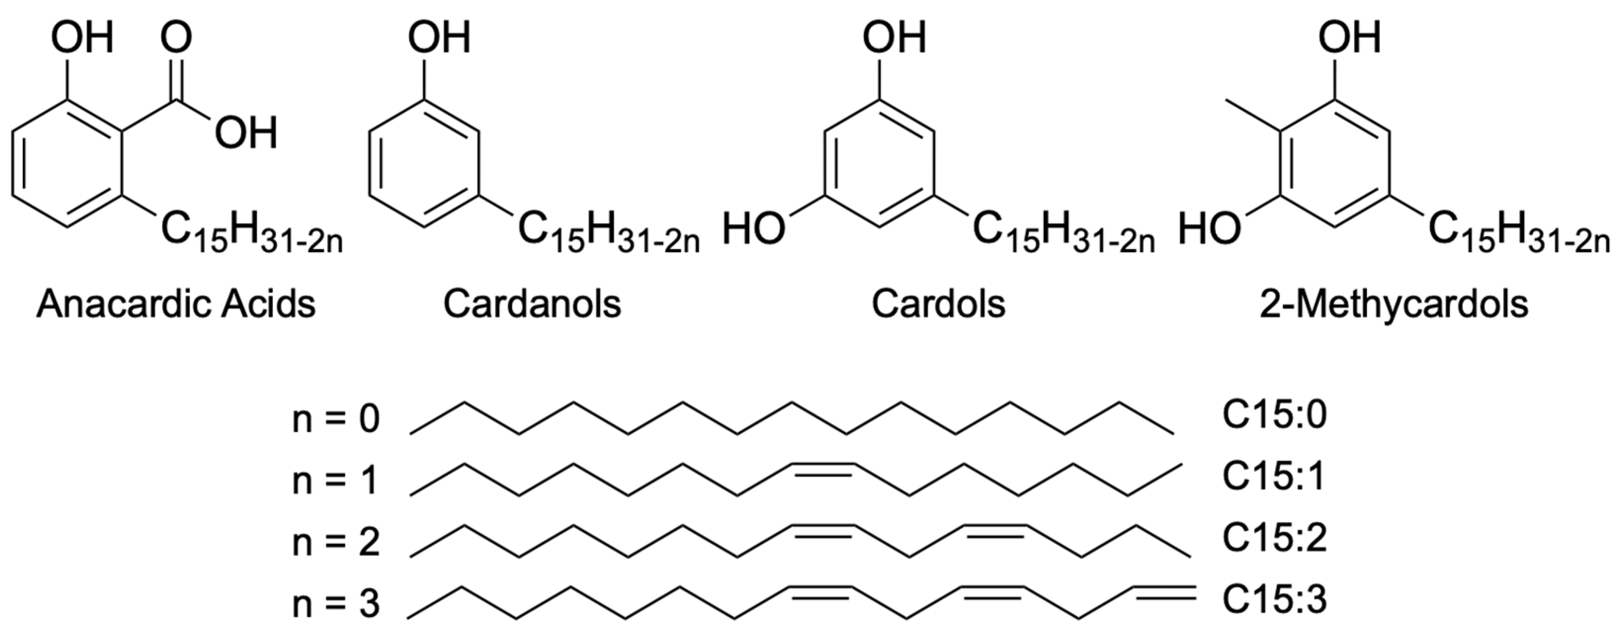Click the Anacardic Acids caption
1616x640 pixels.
point(176,305)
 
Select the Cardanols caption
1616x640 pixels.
point(532,305)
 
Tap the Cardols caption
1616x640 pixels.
point(939,305)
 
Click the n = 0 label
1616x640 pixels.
point(336,419)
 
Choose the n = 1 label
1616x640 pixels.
point(336,481)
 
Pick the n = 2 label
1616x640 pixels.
point(336,542)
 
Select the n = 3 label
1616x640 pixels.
point(336,603)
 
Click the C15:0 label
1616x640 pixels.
point(1275,415)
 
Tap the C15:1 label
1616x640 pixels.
point(1274,477)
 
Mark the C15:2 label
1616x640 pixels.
point(1275,538)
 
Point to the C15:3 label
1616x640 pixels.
point(1275,600)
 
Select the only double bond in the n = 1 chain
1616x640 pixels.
point(823,468)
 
